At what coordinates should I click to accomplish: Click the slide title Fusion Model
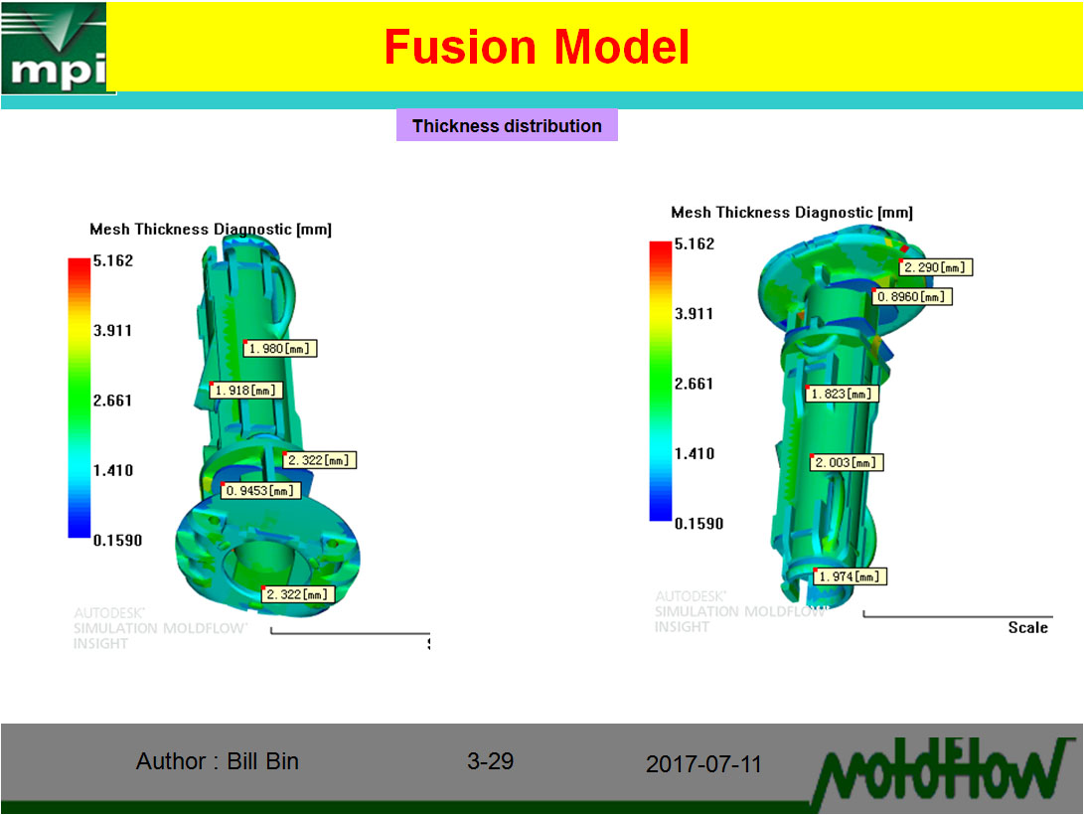point(537,47)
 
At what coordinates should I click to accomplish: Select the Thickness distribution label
point(507,126)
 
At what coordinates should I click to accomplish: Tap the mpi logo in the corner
point(58,48)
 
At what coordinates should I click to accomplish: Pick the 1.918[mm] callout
point(246,391)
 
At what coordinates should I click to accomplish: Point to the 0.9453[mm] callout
point(260,491)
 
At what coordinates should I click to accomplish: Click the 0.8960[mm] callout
point(913,297)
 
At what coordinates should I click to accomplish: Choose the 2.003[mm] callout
point(848,463)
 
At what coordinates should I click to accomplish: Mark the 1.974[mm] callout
point(849,576)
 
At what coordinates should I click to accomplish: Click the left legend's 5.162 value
point(112,260)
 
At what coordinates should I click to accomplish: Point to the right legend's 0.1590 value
point(698,524)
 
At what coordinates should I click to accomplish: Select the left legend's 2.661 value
point(112,401)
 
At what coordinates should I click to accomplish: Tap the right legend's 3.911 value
point(694,314)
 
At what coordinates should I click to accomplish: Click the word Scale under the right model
point(1027,627)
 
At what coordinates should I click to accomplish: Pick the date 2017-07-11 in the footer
point(703,764)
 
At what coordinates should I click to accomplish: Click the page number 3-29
point(490,761)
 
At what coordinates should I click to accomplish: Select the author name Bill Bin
point(262,761)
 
